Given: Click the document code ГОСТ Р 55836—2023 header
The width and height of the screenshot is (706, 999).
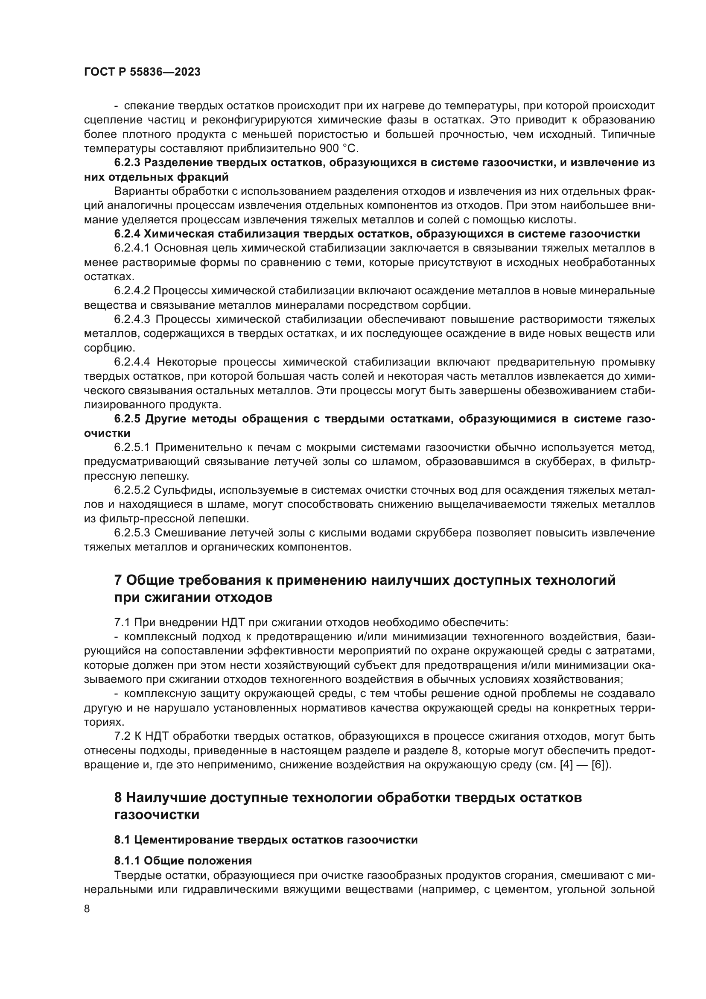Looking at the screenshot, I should [x=142, y=72].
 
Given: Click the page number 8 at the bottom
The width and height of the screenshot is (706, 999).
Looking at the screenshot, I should [x=87, y=908].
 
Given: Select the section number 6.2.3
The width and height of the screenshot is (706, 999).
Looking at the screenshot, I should [x=127, y=163].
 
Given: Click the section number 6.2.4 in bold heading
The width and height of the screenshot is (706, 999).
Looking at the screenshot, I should [x=127, y=234].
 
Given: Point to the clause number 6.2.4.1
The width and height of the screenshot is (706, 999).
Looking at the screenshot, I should [x=132, y=249].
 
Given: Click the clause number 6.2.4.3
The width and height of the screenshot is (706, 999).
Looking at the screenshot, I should [x=132, y=319].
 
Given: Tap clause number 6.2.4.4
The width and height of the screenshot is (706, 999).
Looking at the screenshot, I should [x=132, y=362].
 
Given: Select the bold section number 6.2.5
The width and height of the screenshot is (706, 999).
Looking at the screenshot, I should [x=127, y=419].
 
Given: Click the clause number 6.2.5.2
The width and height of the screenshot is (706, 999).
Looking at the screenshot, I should [x=132, y=490].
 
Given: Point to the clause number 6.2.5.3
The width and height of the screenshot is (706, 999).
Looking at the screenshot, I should [x=132, y=533].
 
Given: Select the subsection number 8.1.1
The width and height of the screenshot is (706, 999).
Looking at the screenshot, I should [x=127, y=861].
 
